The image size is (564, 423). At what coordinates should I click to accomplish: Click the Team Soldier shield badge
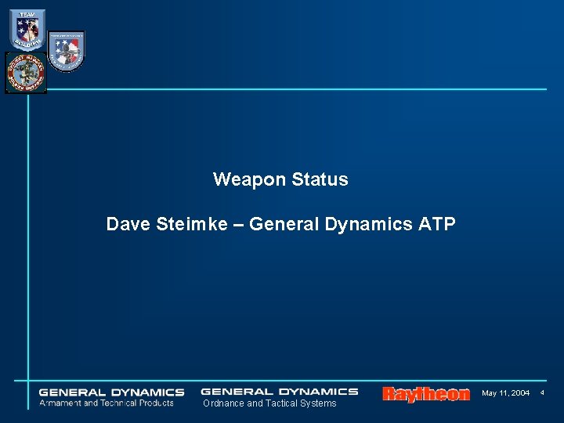[x=27, y=30]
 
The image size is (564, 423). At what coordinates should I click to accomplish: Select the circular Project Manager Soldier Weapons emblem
[x=25, y=72]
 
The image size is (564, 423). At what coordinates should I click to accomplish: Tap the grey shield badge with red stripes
[x=66, y=51]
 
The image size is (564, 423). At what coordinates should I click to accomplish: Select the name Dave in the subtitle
[x=128, y=224]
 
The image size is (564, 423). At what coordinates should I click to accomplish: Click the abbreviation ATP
[x=436, y=224]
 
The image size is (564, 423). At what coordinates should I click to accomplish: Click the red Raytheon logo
[x=426, y=394]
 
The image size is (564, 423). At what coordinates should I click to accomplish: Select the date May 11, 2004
[x=505, y=392]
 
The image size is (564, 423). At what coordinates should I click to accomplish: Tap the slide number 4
[x=541, y=392]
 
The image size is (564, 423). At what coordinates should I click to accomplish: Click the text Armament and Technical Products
[x=107, y=403]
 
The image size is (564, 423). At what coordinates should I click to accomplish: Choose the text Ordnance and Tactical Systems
[x=269, y=403]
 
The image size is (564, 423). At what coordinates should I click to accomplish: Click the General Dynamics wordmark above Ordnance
[x=279, y=391]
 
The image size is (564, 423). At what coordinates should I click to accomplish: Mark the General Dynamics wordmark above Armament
[x=111, y=392]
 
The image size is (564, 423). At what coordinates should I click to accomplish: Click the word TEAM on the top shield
[x=27, y=13]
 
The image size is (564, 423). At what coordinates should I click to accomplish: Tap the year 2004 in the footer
[x=519, y=392]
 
